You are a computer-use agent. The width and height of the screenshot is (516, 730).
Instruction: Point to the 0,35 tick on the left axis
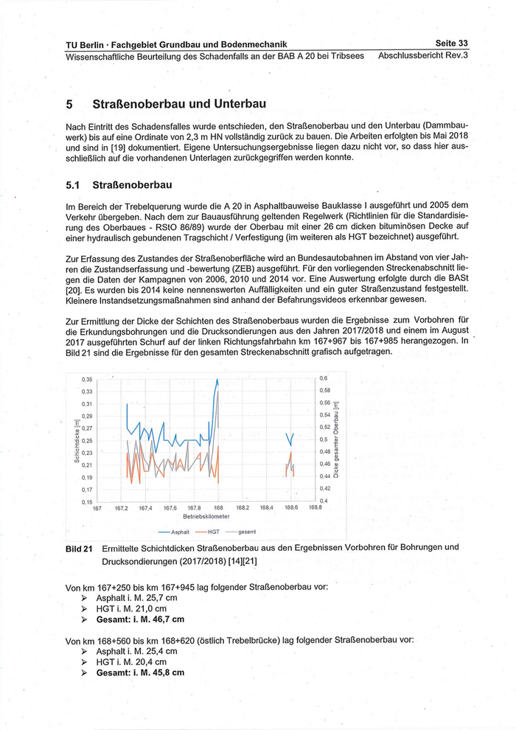tap(87, 380)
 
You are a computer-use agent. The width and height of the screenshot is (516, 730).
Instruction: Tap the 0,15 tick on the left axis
tap(87, 502)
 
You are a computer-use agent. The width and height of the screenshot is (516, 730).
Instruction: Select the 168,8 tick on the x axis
tap(315, 507)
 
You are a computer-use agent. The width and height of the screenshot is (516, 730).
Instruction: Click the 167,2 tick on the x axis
tap(122, 508)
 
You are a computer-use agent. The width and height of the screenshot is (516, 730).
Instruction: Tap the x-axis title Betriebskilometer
tap(206, 516)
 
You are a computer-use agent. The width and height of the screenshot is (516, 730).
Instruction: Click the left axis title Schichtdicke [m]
tap(77, 441)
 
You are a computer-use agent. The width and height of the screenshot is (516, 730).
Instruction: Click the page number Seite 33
tap(452, 44)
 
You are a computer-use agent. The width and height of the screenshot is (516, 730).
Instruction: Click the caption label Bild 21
tap(79, 548)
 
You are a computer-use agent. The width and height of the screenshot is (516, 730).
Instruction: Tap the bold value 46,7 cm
tap(164, 619)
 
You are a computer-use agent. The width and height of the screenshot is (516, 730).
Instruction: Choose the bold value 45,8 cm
tap(164, 672)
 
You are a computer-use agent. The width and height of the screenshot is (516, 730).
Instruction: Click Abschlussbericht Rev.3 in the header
tap(423, 56)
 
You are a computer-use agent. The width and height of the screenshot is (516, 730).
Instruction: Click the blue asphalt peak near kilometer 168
tap(217, 380)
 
